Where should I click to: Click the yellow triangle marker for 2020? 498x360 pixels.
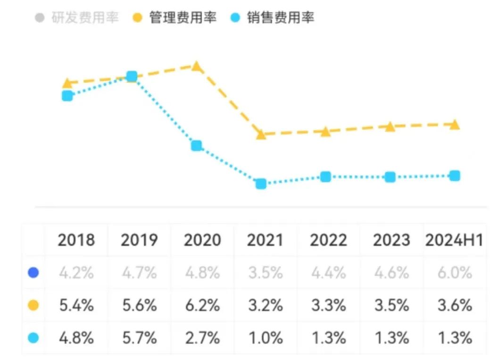[197, 67]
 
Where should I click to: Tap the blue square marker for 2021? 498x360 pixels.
[261, 184]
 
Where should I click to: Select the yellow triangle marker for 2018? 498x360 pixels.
[67, 84]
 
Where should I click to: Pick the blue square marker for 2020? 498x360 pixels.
[197, 145]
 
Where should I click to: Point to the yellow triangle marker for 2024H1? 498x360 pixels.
[454, 125]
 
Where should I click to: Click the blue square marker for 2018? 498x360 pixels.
[67, 96]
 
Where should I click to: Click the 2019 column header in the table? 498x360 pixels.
[139, 240]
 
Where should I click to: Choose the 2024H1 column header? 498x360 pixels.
[454, 240]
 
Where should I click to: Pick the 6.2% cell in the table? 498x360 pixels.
[202, 305]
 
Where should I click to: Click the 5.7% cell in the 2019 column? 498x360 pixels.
[139, 337]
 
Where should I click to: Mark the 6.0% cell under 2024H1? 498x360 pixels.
[454, 273]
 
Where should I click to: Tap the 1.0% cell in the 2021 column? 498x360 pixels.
[265, 337]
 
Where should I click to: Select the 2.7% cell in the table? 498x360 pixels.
[202, 337]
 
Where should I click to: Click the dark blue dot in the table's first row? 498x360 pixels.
[33, 273]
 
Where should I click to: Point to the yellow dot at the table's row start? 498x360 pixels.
[33, 305]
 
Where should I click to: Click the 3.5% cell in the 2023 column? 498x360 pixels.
[391, 305]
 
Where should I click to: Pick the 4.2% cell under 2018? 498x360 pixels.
[75, 273]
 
